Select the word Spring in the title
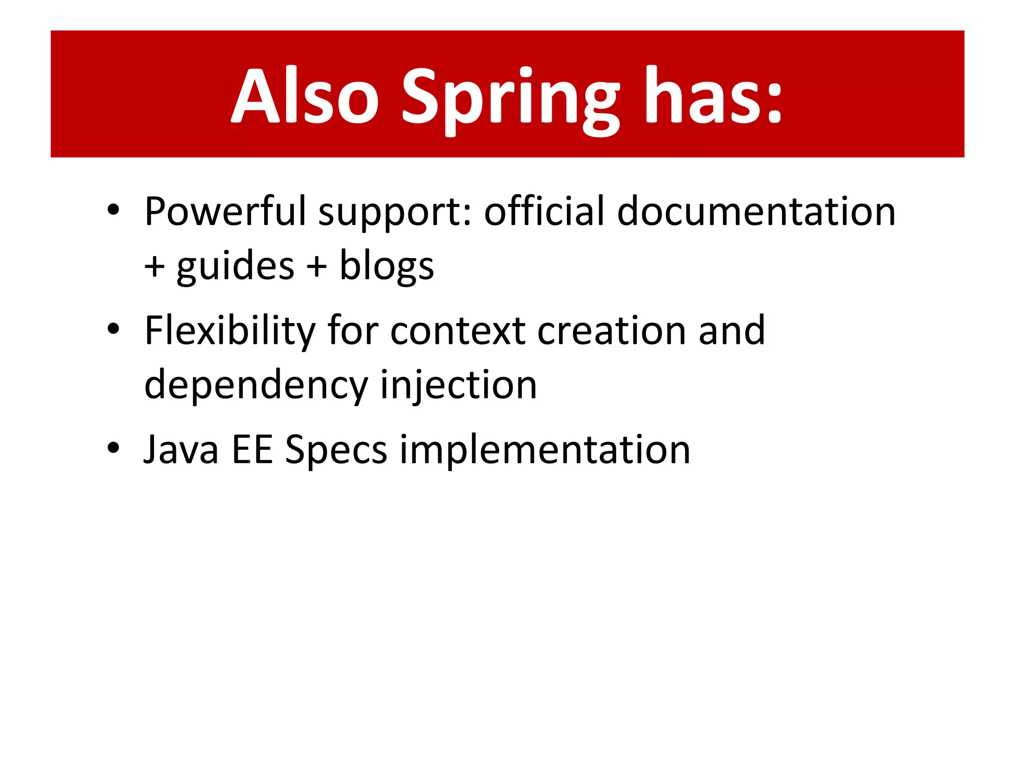pos(510,99)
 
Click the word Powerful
pos(226,212)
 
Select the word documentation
pos(756,212)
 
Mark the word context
pos(457,331)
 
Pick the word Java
pos(181,450)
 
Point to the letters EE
pos(252,450)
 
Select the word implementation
pos(545,450)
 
